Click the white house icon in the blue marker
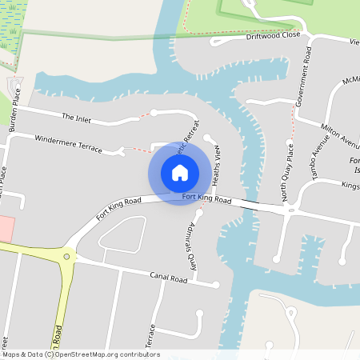tap(180, 172)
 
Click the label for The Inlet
tap(78, 118)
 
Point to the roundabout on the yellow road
tap(66, 258)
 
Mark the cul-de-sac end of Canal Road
tap(216, 284)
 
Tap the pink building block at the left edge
tap(5, 228)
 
